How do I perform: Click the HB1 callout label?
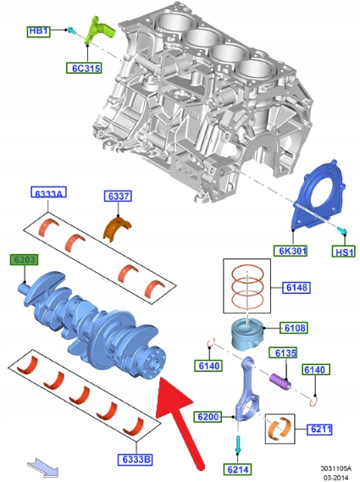[38, 31]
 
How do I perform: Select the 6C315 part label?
[84, 68]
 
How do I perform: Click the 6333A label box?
[48, 192]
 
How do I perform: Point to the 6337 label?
[118, 196]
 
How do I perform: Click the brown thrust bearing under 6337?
[117, 228]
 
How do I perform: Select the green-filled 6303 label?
[24, 260]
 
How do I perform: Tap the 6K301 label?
[291, 251]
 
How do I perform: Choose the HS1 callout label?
[343, 252]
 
